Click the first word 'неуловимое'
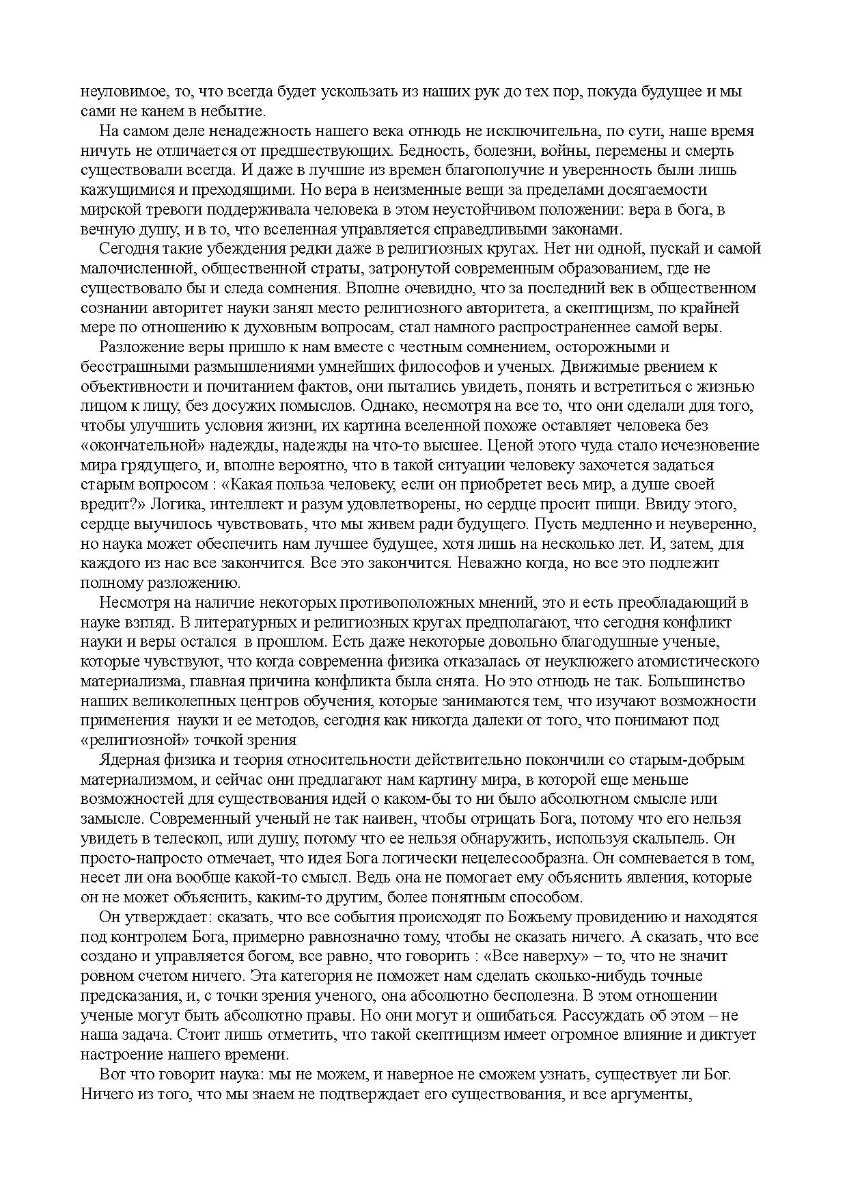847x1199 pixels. click(121, 92)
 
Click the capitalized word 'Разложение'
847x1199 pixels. click(137, 347)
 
